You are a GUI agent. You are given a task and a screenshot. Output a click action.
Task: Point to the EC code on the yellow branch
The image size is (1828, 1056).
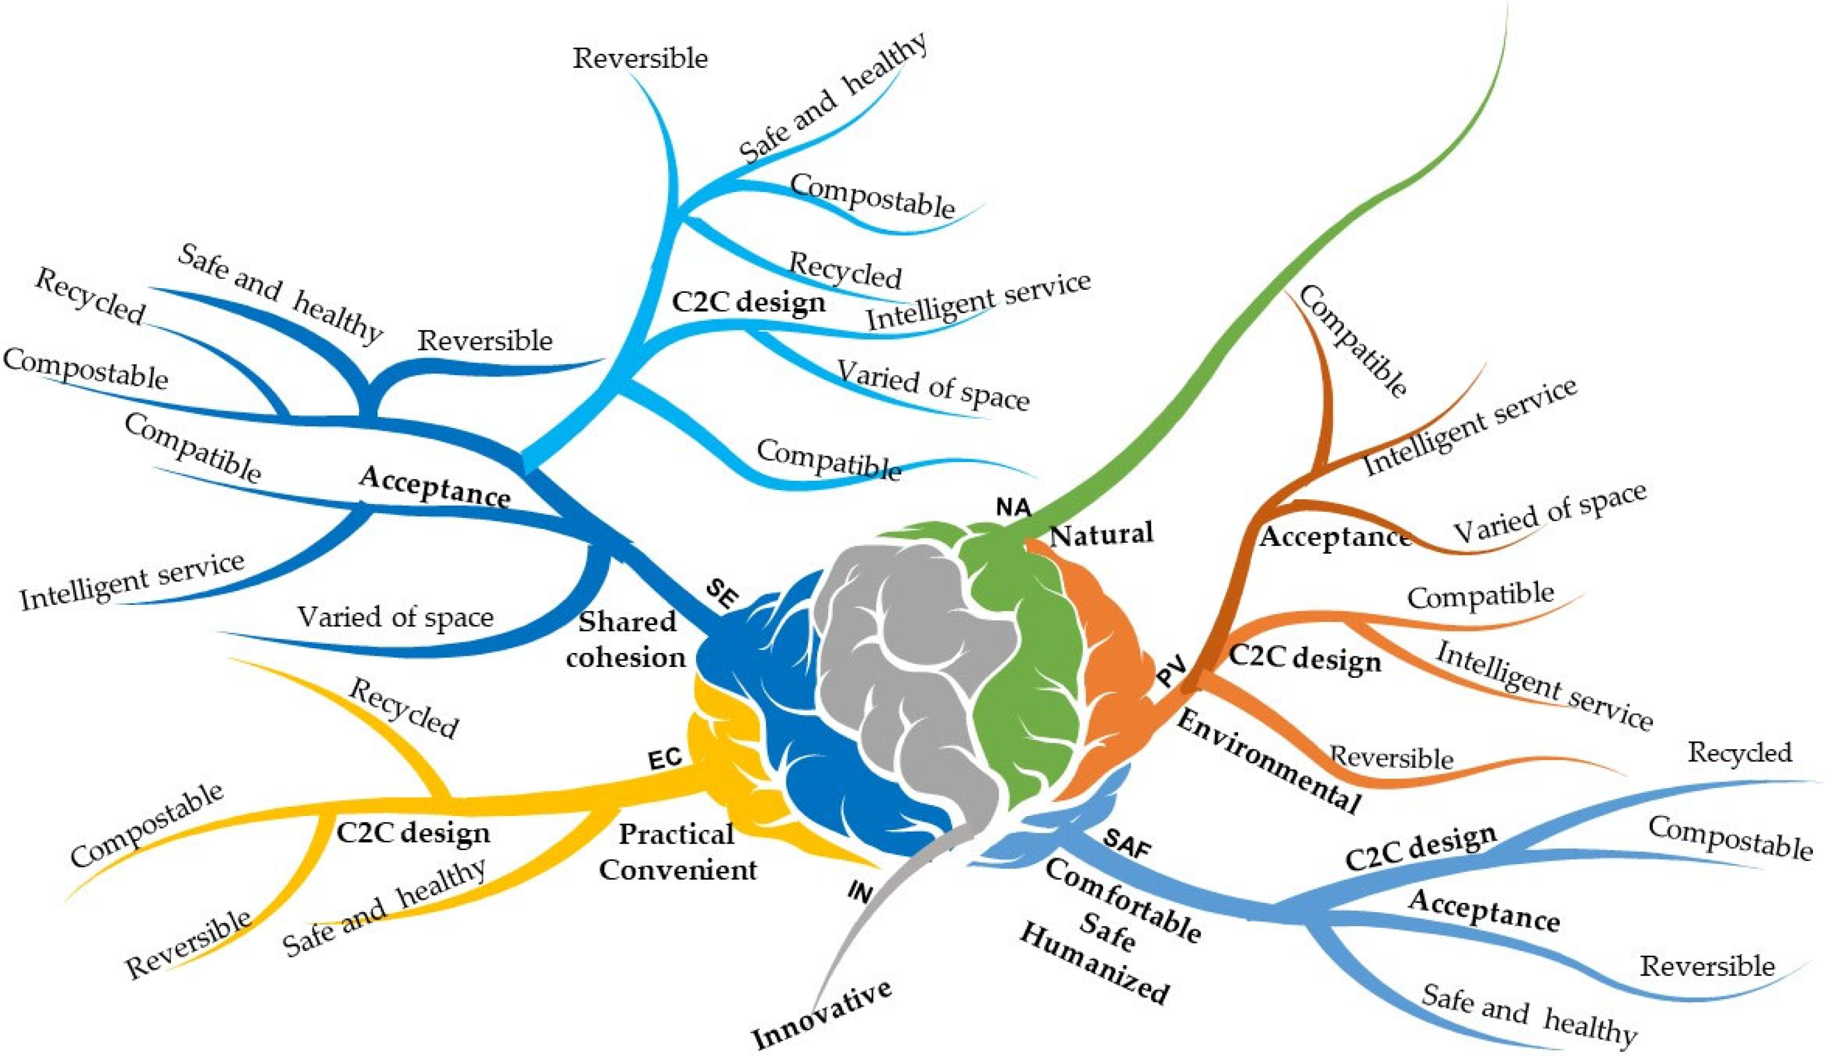tap(664, 759)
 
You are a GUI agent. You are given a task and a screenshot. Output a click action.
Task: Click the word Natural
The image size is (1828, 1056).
tap(1101, 535)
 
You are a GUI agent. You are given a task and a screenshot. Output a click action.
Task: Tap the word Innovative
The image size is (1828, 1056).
tap(822, 1014)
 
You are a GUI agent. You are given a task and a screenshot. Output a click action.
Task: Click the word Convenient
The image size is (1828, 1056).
tap(677, 869)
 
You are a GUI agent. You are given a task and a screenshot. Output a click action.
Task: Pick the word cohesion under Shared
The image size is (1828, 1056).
tap(626, 657)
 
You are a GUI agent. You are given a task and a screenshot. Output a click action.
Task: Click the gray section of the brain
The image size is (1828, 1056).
tap(899, 674)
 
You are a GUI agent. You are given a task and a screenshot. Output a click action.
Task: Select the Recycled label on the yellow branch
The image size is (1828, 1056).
tap(403, 709)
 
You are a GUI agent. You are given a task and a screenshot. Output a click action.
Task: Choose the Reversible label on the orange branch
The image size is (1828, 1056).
tap(1391, 758)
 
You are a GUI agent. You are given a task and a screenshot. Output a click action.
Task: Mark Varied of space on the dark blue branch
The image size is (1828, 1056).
tap(395, 617)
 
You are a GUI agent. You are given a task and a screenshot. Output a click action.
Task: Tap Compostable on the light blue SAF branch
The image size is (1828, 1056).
tap(1729, 838)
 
